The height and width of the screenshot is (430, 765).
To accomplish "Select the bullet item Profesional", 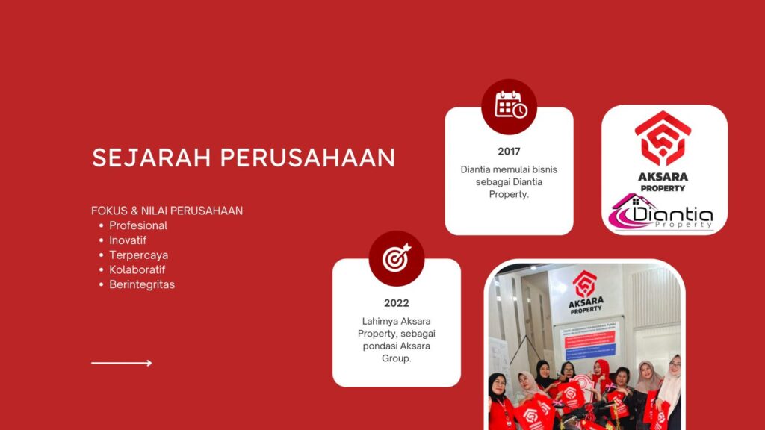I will coord(138,225).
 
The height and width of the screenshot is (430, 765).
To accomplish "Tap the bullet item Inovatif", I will coord(128,240).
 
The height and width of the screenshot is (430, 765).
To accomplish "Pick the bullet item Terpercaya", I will coord(138,255).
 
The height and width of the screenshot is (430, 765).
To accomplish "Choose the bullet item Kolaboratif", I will coord(137,269).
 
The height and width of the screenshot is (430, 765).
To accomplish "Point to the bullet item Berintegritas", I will coord(142,284).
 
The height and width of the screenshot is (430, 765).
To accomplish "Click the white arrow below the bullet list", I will coord(122,363).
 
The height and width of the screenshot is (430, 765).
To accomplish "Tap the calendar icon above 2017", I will coord(510,106).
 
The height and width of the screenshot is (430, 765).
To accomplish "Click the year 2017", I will coord(509,152).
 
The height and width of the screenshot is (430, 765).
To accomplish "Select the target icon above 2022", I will coord(397,258).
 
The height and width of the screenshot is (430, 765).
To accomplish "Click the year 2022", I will coord(397,303).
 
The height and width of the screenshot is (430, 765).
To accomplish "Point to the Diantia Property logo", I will coord(663,213).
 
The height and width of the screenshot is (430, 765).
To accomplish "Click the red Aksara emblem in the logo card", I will coord(663,139).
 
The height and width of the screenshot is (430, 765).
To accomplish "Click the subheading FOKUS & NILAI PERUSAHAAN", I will coord(167,211).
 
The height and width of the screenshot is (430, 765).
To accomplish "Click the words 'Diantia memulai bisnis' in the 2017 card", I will coord(509,169).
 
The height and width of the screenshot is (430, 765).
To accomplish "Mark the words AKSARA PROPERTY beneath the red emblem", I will coord(663,182).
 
